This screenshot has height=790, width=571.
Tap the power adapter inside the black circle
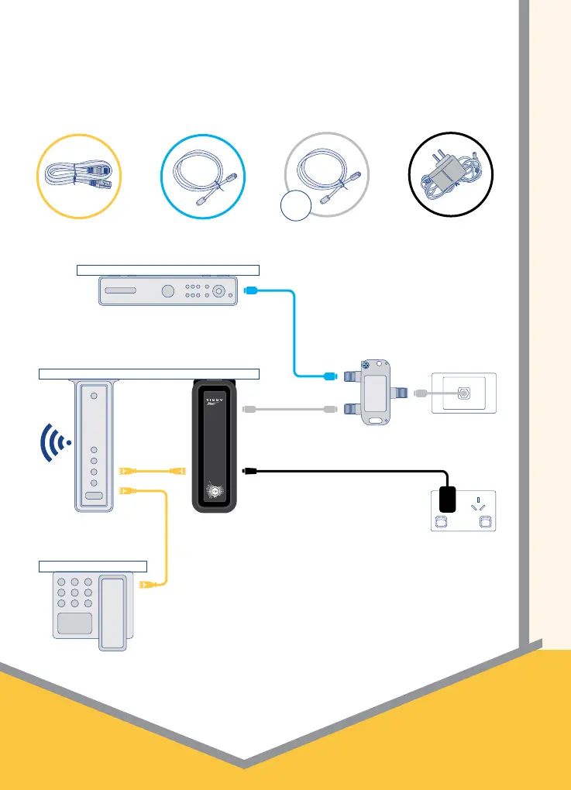(450, 174)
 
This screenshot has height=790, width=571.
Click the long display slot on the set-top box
(120, 291)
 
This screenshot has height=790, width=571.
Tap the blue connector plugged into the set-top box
(249, 291)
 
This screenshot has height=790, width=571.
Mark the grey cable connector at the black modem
(249, 408)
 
